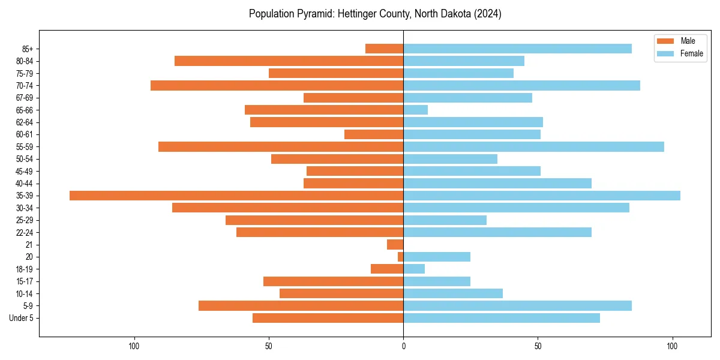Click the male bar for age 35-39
coord(236,196)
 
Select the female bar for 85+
coord(517,49)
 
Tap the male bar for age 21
coord(395,244)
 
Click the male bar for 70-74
coord(277,85)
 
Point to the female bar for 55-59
coord(533,146)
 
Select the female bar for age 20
coord(437,257)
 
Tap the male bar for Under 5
coord(328,318)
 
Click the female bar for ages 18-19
coord(414,269)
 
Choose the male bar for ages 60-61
coord(374,134)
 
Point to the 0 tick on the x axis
coord(403,346)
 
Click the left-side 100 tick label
coord(134,346)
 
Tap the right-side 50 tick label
coord(538,346)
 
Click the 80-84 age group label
coord(25,61)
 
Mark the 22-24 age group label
coord(25,232)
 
